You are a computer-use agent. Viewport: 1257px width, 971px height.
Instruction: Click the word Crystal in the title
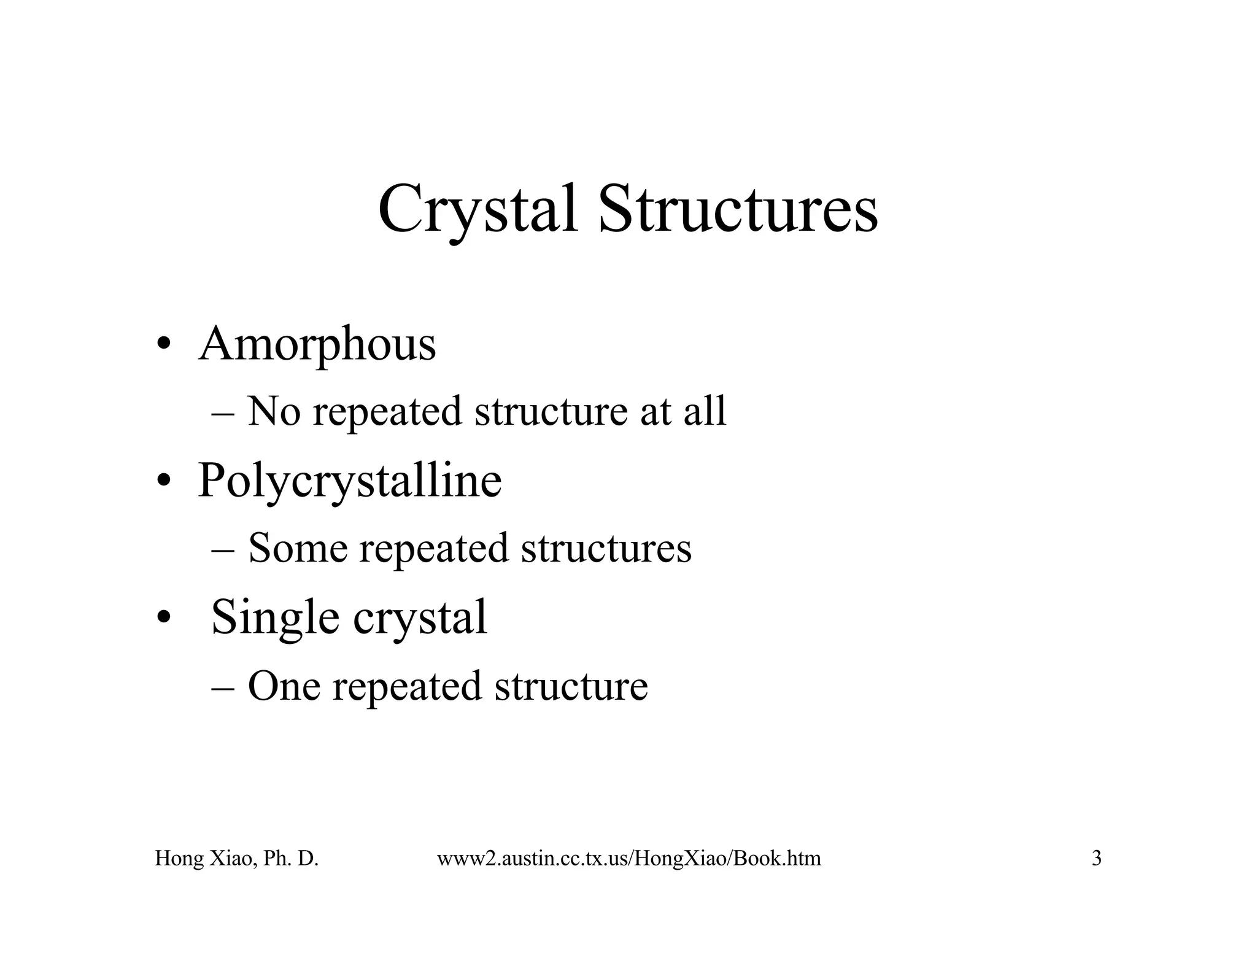(x=478, y=210)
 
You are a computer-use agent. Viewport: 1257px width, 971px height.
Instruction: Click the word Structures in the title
(x=737, y=210)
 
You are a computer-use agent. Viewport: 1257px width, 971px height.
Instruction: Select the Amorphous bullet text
(x=317, y=344)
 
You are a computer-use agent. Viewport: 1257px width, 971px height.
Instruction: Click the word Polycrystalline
(x=349, y=481)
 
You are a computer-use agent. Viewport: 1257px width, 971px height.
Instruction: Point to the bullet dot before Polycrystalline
(x=163, y=481)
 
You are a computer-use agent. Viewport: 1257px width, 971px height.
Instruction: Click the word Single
(x=274, y=617)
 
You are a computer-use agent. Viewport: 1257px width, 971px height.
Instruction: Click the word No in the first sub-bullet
(x=274, y=411)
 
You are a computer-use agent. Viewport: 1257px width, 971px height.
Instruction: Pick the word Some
(x=298, y=547)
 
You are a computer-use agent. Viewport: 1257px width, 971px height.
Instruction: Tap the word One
(x=284, y=686)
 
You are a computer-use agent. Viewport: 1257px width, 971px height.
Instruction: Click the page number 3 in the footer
(x=1096, y=858)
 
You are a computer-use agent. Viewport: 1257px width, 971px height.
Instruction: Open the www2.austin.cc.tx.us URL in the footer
(x=628, y=858)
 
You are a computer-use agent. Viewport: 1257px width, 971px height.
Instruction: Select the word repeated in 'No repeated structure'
(x=387, y=412)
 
